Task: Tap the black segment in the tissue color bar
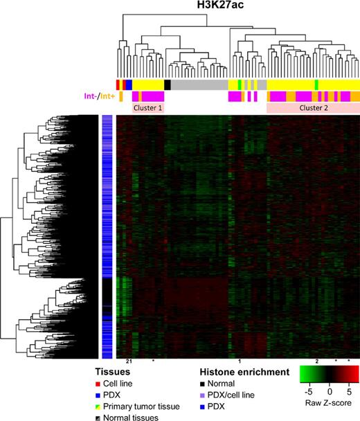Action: pyautogui.click(x=168, y=84)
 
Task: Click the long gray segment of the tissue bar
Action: pyautogui.click(x=199, y=84)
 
